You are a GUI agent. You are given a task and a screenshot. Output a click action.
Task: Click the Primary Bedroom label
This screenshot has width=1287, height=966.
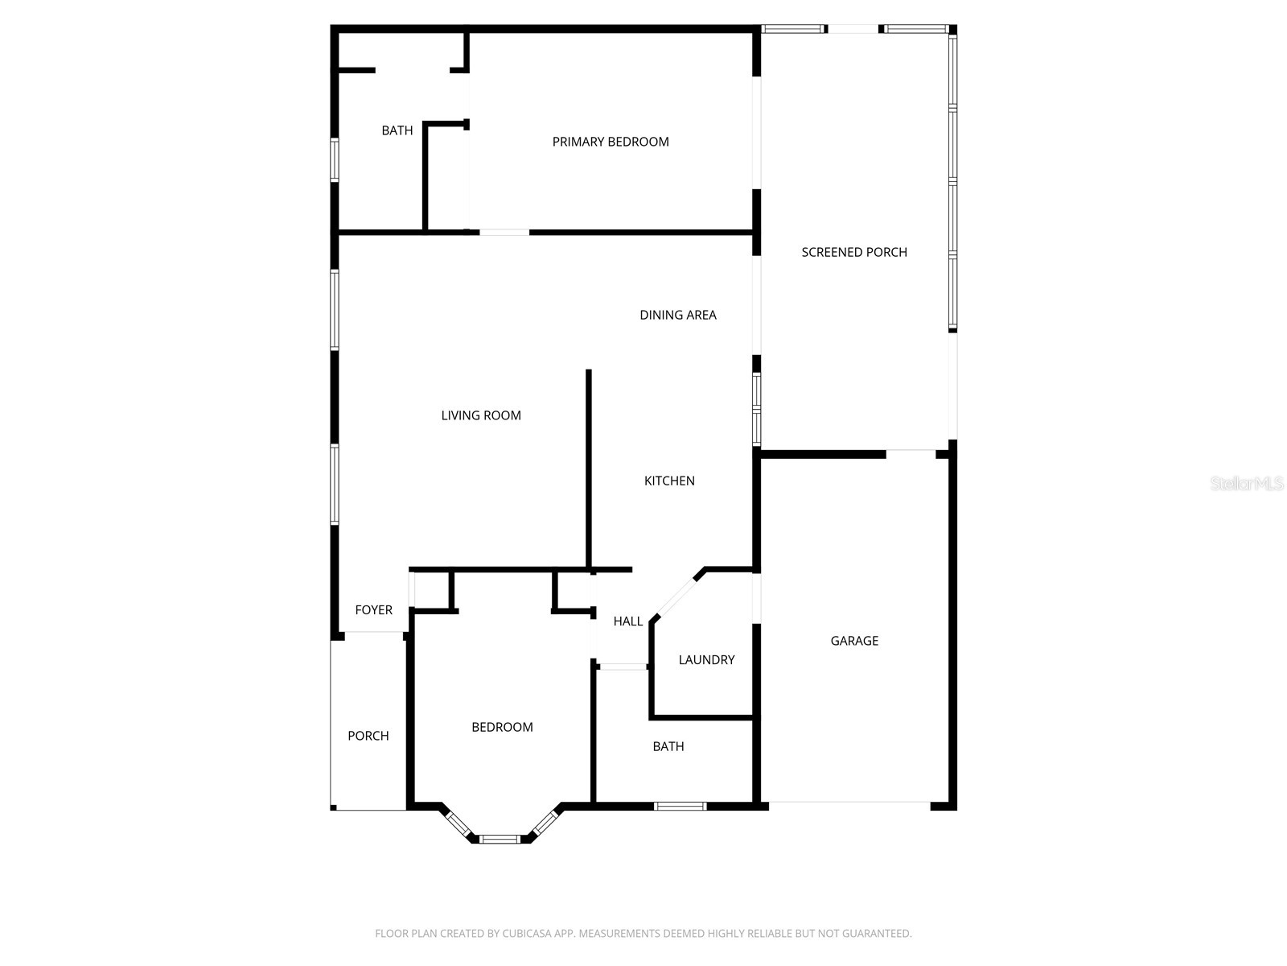point(611,142)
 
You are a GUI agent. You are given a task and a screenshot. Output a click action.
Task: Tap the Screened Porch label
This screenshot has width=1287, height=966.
point(854,252)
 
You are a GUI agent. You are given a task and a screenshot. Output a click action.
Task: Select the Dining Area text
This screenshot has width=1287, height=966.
point(678,315)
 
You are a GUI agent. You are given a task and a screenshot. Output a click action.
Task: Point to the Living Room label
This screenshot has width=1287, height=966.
point(481,415)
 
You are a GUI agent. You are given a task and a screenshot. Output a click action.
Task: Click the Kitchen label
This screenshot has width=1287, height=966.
point(669,481)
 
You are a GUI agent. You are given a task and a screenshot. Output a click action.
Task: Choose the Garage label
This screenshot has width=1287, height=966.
point(854,641)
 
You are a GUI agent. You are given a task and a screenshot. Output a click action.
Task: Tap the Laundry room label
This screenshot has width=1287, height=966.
point(706,660)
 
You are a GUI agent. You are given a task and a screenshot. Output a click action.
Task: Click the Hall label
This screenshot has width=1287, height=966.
point(628,621)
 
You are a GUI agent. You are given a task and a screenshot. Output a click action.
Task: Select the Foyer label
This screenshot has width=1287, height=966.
point(374,610)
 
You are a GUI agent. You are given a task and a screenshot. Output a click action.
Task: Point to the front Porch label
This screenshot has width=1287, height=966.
point(368,736)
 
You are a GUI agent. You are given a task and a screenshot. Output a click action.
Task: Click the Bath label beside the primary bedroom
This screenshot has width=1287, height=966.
point(397,130)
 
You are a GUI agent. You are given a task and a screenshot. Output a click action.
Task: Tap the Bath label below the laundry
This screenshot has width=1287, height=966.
point(668,747)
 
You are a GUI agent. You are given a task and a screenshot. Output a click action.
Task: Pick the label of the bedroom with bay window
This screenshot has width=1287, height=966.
point(502,727)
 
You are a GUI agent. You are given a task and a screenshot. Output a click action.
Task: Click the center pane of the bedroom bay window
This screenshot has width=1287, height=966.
point(500,839)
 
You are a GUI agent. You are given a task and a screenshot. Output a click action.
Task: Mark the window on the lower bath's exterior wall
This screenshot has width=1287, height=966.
point(680,806)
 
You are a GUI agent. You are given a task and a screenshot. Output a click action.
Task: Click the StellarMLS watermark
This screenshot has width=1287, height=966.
point(1246,484)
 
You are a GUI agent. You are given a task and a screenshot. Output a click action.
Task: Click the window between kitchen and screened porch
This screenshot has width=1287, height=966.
point(756,408)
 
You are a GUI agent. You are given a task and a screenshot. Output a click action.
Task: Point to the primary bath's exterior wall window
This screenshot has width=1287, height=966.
point(335,159)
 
